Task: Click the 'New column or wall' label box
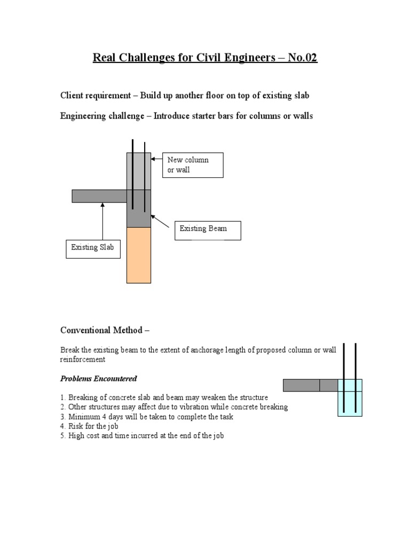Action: tap(193, 165)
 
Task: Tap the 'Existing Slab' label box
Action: tap(93, 248)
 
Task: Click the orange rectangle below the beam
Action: tap(139, 255)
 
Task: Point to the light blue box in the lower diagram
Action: tap(350, 397)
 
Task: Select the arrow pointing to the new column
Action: tap(157, 159)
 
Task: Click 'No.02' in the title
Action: tap(303, 58)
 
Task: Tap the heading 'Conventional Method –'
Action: tap(105, 330)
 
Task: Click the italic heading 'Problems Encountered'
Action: tap(98, 379)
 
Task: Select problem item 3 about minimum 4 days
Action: tap(147, 417)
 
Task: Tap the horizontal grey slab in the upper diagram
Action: tap(99, 196)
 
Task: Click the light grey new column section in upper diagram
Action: tap(139, 171)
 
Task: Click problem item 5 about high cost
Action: tap(142, 436)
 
